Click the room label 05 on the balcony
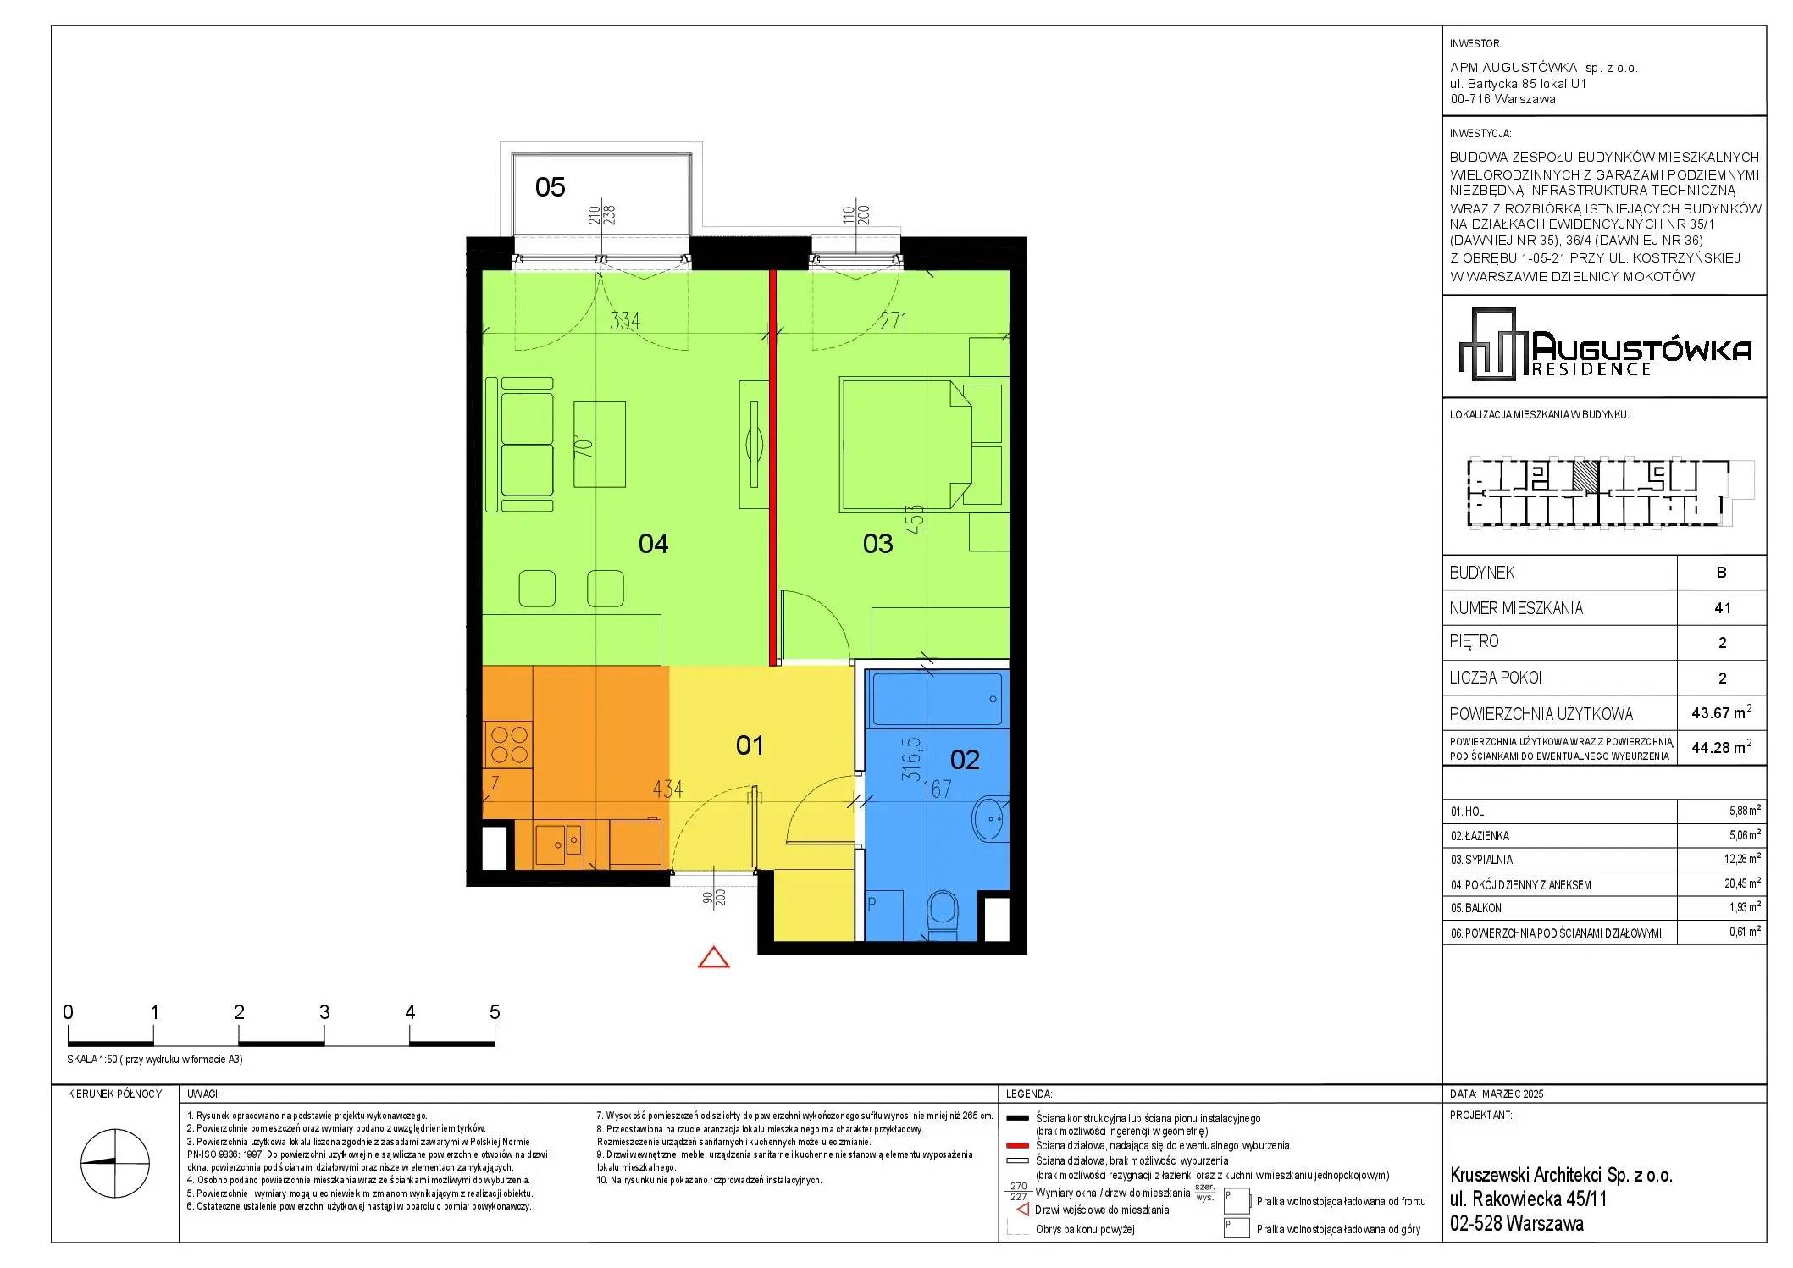[551, 187]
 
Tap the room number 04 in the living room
[653, 544]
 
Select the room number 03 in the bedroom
[877, 544]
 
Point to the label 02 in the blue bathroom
[965, 760]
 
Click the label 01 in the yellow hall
[750, 745]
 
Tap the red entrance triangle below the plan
[714, 957]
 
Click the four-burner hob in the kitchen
[508, 745]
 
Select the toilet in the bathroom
[942, 914]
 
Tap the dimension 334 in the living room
[625, 321]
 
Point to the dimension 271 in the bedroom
[893, 321]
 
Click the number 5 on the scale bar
[495, 1012]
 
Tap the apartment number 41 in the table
[1722, 608]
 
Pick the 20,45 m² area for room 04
[1745, 883]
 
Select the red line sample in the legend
[1017, 1145]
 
